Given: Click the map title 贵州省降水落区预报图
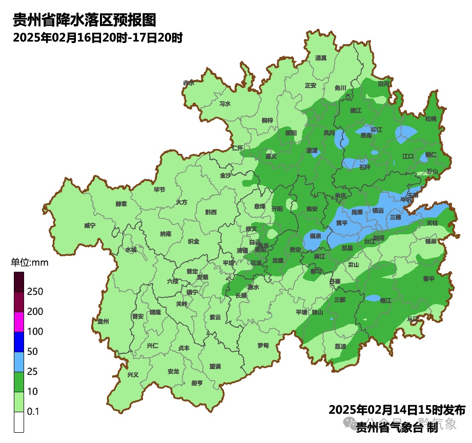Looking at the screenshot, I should click(84, 21).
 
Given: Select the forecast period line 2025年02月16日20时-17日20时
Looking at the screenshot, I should click(97, 38).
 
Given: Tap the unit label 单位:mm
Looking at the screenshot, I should click(29, 263).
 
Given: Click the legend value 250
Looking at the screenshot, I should click(35, 291).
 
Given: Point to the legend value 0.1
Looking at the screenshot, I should click(33, 412).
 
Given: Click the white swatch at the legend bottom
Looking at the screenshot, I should click(19, 422).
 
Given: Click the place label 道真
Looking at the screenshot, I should click(321, 58).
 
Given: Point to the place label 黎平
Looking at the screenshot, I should click(428, 278).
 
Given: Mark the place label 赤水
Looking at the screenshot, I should click(189, 83).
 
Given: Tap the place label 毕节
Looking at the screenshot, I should click(159, 189).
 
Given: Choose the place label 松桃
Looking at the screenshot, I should click(430, 119).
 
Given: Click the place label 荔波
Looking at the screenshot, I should click(340, 346).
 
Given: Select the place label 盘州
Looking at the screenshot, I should click(103, 321).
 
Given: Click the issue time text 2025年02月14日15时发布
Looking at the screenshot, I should click(397, 410).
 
